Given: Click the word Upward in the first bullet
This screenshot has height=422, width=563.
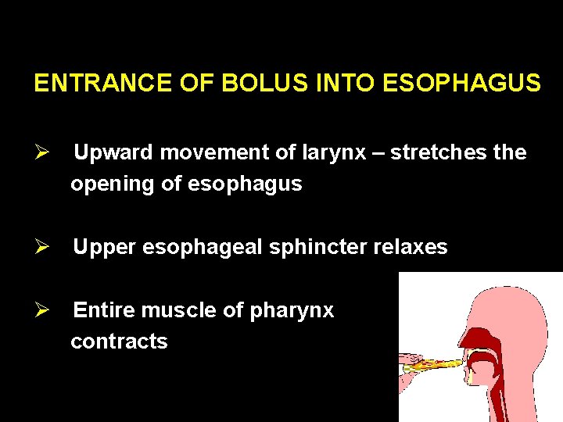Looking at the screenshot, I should point(114,153).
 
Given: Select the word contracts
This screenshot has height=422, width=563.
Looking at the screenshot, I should point(119,342).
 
